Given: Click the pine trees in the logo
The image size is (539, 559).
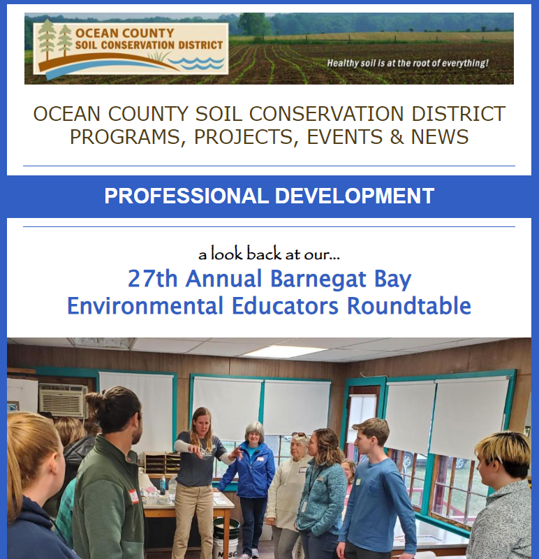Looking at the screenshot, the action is (54, 40).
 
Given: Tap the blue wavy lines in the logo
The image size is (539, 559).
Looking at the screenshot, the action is (196, 63).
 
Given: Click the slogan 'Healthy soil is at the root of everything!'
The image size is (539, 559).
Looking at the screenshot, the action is (408, 63).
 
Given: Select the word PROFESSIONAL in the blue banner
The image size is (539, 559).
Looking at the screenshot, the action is (186, 196).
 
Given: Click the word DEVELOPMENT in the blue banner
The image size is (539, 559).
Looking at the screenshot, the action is (355, 196).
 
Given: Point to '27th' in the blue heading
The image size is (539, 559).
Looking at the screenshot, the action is (152, 278).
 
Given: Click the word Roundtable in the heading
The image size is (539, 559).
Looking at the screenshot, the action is (409, 306).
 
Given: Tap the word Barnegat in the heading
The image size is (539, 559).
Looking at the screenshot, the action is (318, 279).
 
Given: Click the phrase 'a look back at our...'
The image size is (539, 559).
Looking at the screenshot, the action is (269, 254).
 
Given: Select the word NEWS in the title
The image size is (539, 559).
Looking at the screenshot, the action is (440, 137).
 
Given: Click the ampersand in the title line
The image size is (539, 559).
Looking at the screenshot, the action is (397, 137).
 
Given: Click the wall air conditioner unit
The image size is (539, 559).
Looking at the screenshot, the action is (63, 400).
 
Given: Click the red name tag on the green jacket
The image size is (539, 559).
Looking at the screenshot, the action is (133, 496).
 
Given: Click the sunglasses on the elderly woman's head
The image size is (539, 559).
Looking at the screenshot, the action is (299, 435).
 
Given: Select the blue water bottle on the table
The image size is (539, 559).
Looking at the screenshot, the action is (163, 486).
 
